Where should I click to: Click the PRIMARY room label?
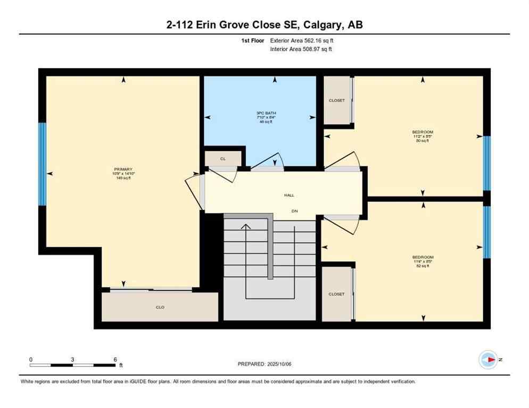[122, 169]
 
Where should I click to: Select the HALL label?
[289, 195]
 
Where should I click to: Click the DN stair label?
[294, 211]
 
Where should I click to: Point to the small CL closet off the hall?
[223, 158]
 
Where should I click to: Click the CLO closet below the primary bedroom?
[160, 307]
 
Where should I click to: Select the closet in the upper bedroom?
[337, 100]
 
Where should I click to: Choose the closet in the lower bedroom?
[336, 294]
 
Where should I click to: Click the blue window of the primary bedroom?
[42, 164]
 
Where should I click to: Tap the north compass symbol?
[488, 360]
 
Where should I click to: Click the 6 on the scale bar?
[115, 359]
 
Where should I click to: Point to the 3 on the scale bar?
[72, 359]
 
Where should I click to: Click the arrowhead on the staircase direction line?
[245, 227]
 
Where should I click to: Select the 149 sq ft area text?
[123, 178]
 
